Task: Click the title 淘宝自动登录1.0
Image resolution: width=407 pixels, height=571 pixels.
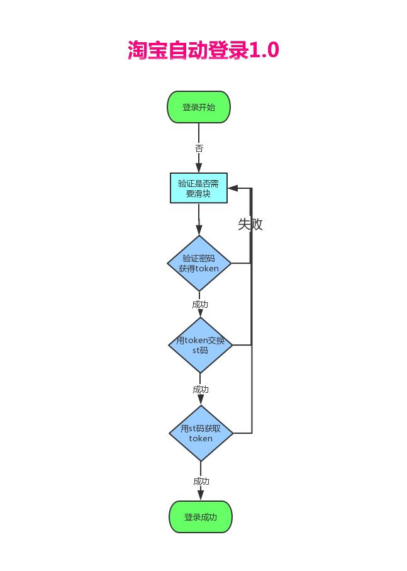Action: (203, 50)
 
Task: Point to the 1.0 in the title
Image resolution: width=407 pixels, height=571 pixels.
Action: (264, 50)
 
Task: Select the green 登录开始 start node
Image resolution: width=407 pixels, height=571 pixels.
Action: (199, 107)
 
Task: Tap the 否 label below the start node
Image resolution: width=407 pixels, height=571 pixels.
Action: (199, 149)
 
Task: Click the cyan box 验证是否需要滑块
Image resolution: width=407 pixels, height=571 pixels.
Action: (199, 188)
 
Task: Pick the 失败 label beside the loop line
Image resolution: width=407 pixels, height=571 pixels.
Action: (250, 224)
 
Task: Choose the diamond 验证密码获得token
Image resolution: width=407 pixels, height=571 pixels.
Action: (199, 263)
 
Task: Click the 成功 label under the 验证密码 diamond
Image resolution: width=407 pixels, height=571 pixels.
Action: (200, 305)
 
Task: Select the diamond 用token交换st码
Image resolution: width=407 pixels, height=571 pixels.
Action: (200, 345)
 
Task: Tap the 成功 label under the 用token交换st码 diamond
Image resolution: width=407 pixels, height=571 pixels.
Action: (201, 390)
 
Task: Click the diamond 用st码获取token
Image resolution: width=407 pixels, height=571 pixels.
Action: (201, 433)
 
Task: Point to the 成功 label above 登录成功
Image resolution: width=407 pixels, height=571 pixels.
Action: (201, 482)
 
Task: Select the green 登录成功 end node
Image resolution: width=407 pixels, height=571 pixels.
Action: (201, 517)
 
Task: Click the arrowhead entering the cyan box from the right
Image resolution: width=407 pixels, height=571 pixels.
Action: (233, 188)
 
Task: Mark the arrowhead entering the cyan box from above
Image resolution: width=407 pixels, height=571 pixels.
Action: (199, 168)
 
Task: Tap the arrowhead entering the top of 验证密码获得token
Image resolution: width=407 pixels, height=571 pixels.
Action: (199, 230)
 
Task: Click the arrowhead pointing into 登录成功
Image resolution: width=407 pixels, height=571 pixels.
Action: (201, 495)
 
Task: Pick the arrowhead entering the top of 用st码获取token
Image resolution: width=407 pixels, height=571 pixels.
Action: (201, 400)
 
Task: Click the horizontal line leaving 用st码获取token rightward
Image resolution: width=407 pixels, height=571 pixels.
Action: (242, 433)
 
